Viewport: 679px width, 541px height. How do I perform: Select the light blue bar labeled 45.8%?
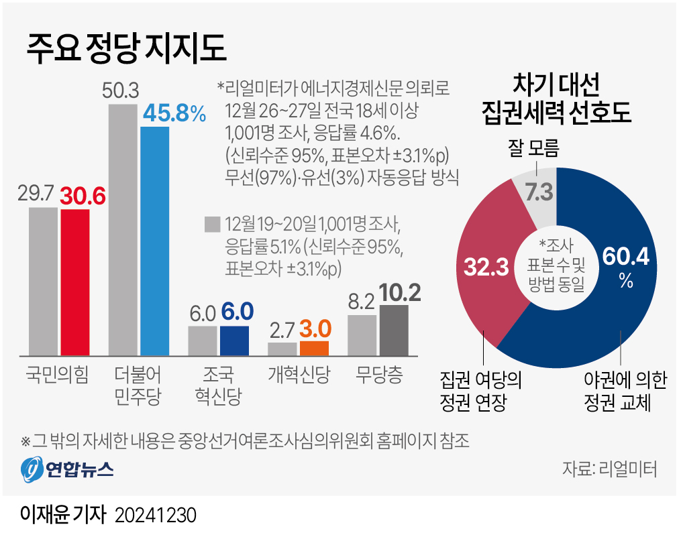coord(154,240)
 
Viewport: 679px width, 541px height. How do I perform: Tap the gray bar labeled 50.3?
coord(123,229)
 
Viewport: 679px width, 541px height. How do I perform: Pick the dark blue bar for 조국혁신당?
coord(234,340)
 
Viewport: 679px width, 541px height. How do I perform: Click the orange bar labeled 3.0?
coord(314,347)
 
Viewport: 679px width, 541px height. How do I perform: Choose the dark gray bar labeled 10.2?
coord(393,330)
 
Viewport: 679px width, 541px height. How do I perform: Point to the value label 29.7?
coord(43,194)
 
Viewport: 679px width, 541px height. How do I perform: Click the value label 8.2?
coord(362,302)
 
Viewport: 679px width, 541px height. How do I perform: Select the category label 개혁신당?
coord(299,374)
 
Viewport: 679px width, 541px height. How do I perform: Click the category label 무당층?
coord(379,374)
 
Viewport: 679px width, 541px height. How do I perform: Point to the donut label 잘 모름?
coord(533,146)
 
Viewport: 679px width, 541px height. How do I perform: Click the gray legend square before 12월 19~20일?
coord(213,223)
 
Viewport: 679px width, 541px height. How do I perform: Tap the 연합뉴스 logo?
coord(66,468)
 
